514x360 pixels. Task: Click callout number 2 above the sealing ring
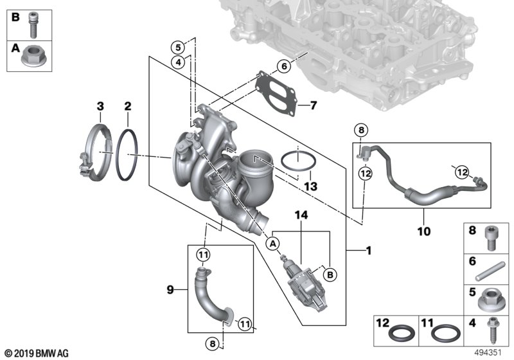[128, 105]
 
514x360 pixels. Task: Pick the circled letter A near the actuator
[273, 243]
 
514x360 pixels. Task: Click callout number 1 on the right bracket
[368, 251]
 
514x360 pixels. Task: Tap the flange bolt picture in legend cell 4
[493, 334]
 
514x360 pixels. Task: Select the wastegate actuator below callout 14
[303, 280]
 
